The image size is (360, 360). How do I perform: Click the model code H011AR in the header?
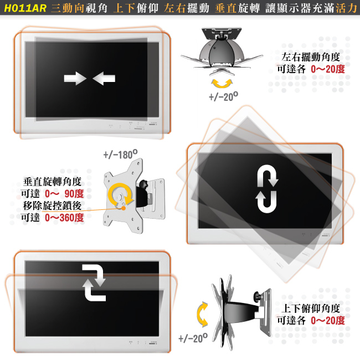click(x=25, y=8)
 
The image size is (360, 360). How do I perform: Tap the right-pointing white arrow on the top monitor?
click(x=75, y=79)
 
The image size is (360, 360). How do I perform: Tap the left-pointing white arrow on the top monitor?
click(x=104, y=79)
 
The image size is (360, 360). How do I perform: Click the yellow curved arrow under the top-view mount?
click(x=222, y=84)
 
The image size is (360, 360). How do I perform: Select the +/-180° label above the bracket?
click(x=121, y=155)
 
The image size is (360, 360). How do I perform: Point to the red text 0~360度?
click(x=64, y=218)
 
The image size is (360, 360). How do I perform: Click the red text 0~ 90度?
click(x=64, y=193)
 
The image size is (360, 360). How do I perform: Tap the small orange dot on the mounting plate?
click(x=124, y=208)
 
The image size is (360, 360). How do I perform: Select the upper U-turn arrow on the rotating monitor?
click(x=268, y=175)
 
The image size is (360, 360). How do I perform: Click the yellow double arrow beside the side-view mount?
click(x=203, y=315)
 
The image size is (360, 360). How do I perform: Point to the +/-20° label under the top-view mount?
click(x=223, y=96)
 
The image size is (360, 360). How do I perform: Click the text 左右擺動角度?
click(x=311, y=57)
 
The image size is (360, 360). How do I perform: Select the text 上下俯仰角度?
click(x=311, y=308)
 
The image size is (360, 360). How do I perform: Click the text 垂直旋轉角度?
click(x=53, y=182)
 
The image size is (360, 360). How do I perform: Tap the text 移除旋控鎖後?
click(x=53, y=205)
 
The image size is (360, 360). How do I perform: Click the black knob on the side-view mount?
click(x=258, y=296)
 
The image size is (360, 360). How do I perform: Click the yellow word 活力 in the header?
click(x=346, y=8)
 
